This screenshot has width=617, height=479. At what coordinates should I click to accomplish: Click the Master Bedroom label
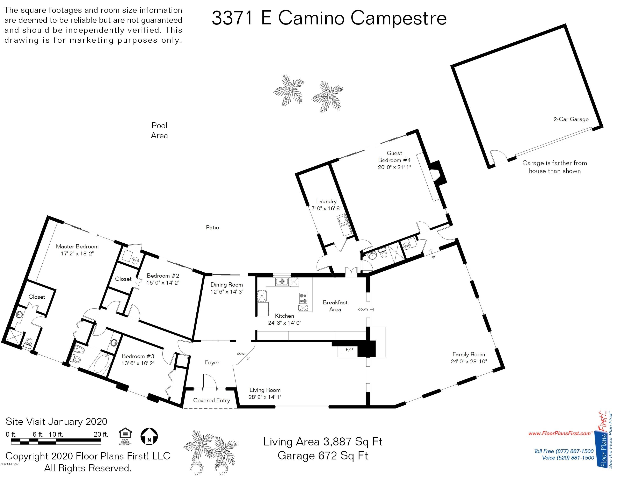tap(77, 246)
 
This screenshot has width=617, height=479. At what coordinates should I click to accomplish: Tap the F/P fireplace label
tap(349, 350)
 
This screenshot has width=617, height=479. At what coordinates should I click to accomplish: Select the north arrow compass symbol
tap(149, 436)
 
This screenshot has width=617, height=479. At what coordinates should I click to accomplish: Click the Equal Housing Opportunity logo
tap(125, 436)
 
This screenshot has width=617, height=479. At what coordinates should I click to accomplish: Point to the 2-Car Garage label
tap(571, 119)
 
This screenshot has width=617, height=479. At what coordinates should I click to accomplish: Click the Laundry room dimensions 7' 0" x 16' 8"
tap(326, 208)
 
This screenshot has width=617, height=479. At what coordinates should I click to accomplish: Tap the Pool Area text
tap(159, 130)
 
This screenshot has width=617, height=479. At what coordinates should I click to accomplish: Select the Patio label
tap(212, 228)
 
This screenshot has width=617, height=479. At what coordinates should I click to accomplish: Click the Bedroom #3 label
tap(138, 356)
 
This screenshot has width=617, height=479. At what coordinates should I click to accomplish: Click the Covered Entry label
tap(212, 400)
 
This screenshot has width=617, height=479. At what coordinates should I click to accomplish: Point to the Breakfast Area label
tap(335, 306)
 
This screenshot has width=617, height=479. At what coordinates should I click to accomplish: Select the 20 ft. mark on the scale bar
tap(101, 434)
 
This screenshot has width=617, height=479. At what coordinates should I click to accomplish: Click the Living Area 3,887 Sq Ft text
tap(323, 441)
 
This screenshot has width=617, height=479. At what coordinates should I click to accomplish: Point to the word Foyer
tap(212, 363)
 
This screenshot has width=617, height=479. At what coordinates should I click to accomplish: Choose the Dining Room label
tap(227, 285)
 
